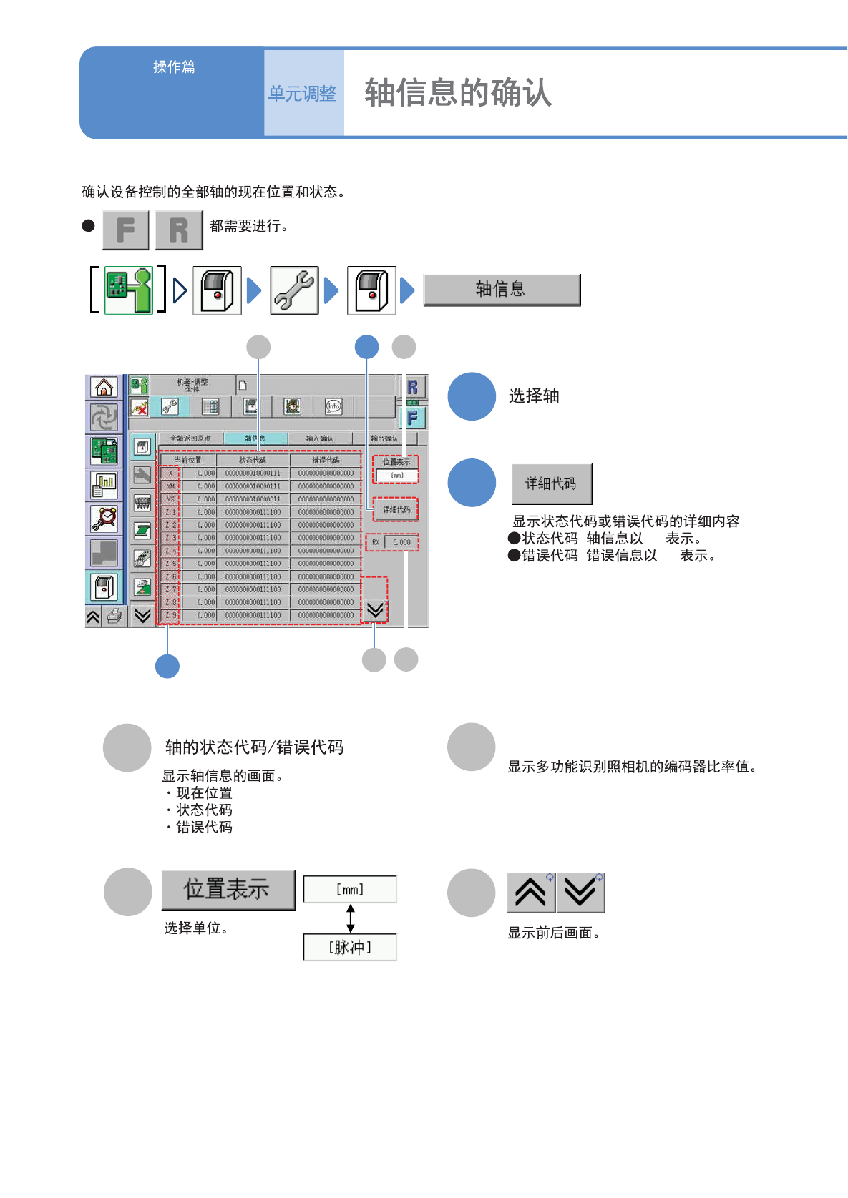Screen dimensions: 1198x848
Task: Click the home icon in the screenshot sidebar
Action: pyautogui.click(x=104, y=387)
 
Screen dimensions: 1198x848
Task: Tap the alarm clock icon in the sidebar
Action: pyautogui.click(x=104, y=518)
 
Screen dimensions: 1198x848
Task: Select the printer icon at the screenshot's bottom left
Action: pyautogui.click(x=114, y=617)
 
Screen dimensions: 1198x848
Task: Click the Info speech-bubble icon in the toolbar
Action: pyautogui.click(x=333, y=406)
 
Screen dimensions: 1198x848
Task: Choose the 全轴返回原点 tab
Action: pyautogui.click(x=190, y=438)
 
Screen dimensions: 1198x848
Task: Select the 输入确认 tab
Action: pyautogui.click(x=319, y=438)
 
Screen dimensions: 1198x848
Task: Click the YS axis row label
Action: pyautogui.click(x=170, y=499)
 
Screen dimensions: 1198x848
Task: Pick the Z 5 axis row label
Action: pyautogui.click(x=170, y=564)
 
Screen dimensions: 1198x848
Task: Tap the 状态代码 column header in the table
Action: pyautogui.click(x=253, y=460)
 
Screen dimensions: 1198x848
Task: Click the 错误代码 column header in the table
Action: pyautogui.click(x=326, y=460)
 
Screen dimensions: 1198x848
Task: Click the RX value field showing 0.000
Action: pyautogui.click(x=401, y=542)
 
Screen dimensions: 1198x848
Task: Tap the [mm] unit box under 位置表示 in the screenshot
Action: pyautogui.click(x=396, y=475)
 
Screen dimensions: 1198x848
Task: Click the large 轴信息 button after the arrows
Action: pyautogui.click(x=502, y=289)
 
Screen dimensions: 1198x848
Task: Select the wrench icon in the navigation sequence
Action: pyautogui.click(x=294, y=290)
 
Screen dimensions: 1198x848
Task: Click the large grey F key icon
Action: pyautogui.click(x=126, y=230)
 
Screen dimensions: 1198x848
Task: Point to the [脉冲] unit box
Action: pyautogui.click(x=350, y=947)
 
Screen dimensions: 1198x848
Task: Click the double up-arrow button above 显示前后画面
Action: pyautogui.click(x=531, y=893)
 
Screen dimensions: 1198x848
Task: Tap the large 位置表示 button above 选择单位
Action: pyautogui.click(x=228, y=889)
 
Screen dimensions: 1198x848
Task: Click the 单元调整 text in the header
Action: pyautogui.click(x=302, y=94)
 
